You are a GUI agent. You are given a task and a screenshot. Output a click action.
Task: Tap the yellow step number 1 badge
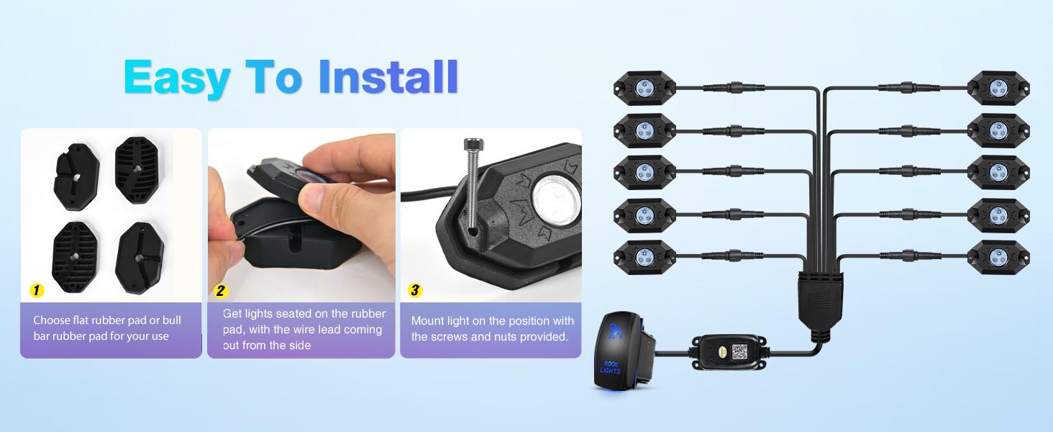(x=37, y=291)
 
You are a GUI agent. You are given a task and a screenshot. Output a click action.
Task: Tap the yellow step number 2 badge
(x=221, y=291)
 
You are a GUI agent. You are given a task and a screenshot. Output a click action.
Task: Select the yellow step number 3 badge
(x=414, y=291)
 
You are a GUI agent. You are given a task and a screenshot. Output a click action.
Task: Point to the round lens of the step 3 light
(x=552, y=196)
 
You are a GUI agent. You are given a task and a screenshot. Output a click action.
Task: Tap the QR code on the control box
(x=740, y=351)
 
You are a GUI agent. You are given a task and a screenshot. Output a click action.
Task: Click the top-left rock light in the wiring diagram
(x=644, y=89)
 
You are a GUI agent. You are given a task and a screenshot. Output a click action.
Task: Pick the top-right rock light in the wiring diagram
(x=998, y=89)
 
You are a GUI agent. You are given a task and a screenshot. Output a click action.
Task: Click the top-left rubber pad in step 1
(x=76, y=174)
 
